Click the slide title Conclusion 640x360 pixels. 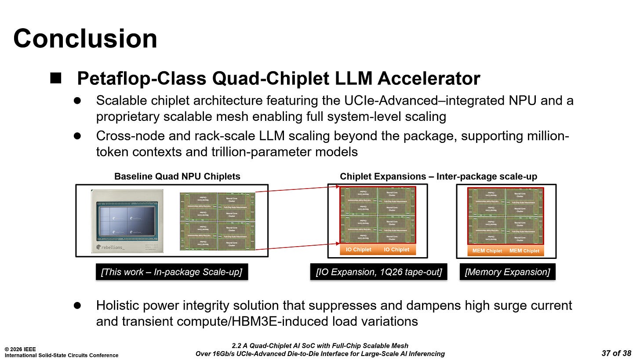85,38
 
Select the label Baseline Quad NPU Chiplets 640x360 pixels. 177,177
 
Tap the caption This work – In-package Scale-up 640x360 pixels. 171,272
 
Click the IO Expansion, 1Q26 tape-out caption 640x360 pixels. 378,272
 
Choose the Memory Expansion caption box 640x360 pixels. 507,272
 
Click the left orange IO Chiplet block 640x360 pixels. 358,250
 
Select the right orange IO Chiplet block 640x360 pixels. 396,250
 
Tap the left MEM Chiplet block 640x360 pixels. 487,251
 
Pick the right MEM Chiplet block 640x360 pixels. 524,251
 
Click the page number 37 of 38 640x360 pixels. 616,353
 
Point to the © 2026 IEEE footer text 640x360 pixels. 21,349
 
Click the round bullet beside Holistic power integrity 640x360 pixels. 77,305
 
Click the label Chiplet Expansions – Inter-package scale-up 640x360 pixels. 438,177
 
